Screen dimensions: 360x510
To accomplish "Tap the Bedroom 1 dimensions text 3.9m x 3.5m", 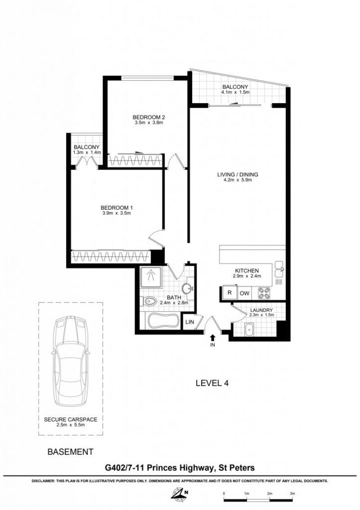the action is (117, 213).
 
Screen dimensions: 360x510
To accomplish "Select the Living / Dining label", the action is (238, 175).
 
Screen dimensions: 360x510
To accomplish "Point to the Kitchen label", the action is (247, 271).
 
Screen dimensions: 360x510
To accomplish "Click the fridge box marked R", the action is (229, 293).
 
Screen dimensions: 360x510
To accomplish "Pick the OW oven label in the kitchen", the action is (244, 293).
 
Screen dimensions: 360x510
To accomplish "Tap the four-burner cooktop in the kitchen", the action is (264, 293).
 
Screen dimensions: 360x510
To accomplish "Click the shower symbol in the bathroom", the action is (151, 276).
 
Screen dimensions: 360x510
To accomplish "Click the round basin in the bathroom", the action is (187, 288).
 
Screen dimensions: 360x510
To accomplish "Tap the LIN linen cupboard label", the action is (189, 322).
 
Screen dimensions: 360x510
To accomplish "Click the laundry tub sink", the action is (249, 329).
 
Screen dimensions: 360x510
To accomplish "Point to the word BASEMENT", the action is (70, 452).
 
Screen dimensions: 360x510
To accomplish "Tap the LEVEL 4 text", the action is (212, 383).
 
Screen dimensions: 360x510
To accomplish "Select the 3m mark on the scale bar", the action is (292, 493).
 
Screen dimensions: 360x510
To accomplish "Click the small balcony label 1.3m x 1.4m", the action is (86, 152).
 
